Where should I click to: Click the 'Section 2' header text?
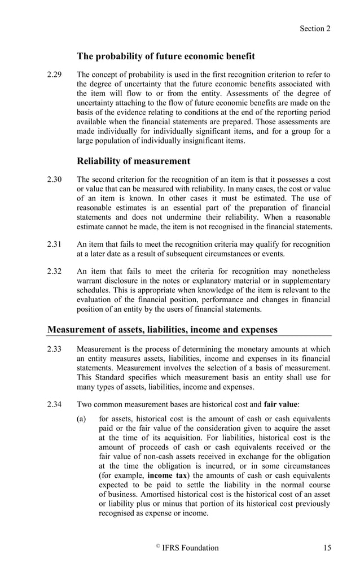point(315,28)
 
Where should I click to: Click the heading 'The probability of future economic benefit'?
point(165,56)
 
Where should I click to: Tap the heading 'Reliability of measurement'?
point(133,161)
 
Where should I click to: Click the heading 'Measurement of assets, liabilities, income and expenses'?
point(163,329)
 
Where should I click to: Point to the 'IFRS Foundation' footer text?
point(190,547)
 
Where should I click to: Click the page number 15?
point(327,547)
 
